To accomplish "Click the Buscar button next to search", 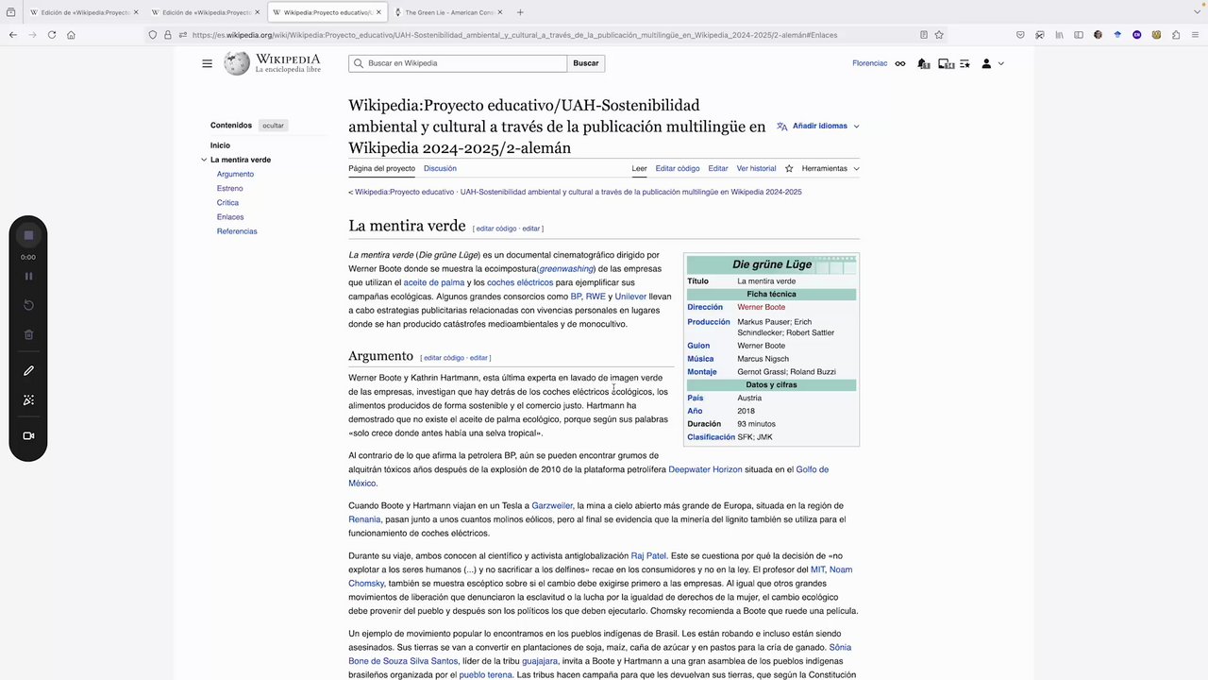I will [585, 63].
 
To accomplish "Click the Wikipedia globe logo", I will [237, 63].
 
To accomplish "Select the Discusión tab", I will [440, 168].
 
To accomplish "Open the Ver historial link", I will [756, 168].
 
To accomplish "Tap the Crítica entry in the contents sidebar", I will [227, 202].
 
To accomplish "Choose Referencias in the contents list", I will [237, 231].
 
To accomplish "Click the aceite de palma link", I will [434, 282].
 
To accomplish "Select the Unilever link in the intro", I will [630, 297].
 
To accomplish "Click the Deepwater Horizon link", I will [705, 469].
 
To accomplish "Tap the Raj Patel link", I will [648, 555].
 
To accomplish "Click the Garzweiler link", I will [552, 505].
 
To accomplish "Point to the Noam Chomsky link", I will [840, 569].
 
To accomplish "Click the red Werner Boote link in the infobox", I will [761, 307].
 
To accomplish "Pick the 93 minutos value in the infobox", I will [756, 424].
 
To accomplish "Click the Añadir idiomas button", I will [818, 126].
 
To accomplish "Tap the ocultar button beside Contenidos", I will [273, 126].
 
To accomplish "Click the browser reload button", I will [52, 35].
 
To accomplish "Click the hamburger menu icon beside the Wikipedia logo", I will [207, 63].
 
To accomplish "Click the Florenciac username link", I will [869, 63].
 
